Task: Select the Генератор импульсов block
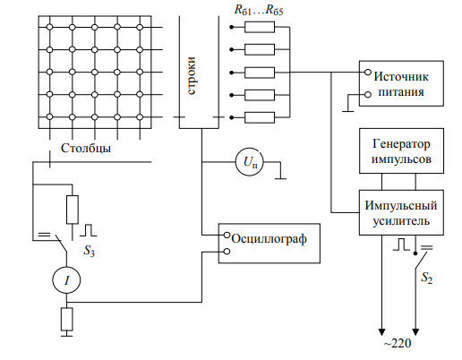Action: (401, 150)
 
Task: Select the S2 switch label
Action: (426, 278)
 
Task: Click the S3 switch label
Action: (89, 251)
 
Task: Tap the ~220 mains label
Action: (398, 343)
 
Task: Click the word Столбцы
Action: (86, 148)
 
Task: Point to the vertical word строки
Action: (192, 75)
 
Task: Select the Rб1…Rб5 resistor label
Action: (259, 10)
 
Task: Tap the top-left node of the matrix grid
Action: (50, 27)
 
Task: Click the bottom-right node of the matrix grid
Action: (140, 117)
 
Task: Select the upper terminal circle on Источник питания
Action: (368, 73)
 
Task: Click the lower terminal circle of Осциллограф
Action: (227, 252)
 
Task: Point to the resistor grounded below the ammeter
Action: (67, 319)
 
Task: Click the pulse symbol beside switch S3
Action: (89, 230)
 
